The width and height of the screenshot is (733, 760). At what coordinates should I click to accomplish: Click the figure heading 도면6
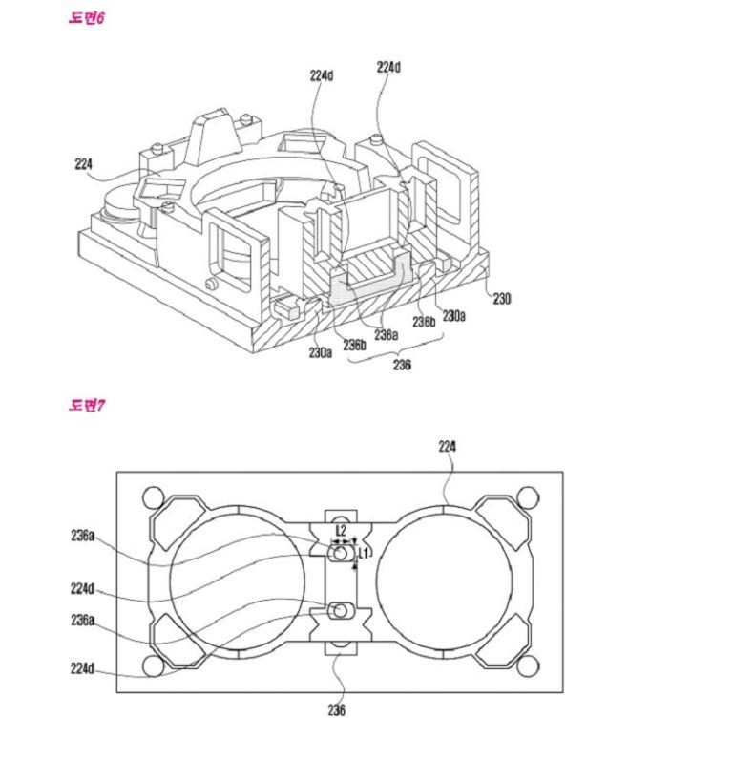(x=86, y=19)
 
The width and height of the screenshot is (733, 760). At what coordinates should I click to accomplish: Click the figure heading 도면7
(x=86, y=406)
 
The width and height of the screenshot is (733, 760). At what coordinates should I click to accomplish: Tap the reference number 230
(x=502, y=298)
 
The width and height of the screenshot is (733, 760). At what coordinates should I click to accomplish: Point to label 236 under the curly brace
(x=402, y=365)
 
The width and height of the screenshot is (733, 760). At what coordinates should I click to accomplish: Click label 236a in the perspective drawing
(x=385, y=334)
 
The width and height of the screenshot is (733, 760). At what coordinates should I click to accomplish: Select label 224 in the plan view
(x=447, y=445)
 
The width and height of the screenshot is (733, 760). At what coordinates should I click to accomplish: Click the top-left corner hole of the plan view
(x=152, y=496)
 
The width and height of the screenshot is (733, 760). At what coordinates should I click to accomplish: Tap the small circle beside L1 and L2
(x=339, y=553)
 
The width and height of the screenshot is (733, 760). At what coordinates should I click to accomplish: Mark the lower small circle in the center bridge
(x=339, y=610)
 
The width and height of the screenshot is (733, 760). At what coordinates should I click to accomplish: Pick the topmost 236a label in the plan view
(x=82, y=537)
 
